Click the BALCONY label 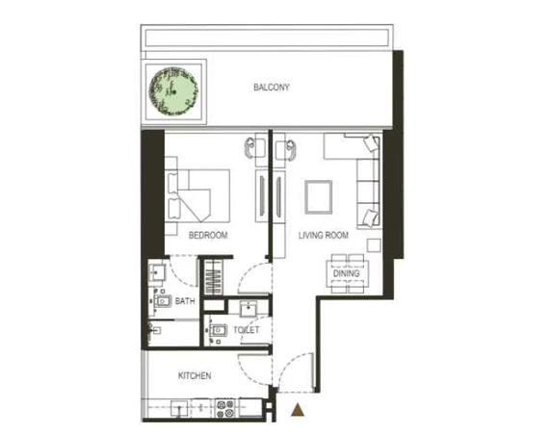[272, 88]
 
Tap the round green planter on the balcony [174, 92]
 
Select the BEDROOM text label [207, 235]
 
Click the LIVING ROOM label [323, 235]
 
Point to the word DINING [346, 274]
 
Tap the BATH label [185, 301]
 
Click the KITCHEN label [194, 375]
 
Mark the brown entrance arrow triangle [299, 411]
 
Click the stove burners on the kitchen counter [227, 406]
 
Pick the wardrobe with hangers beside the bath [211, 280]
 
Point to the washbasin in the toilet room [247, 309]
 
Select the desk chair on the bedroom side [254, 147]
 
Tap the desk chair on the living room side [285, 147]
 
